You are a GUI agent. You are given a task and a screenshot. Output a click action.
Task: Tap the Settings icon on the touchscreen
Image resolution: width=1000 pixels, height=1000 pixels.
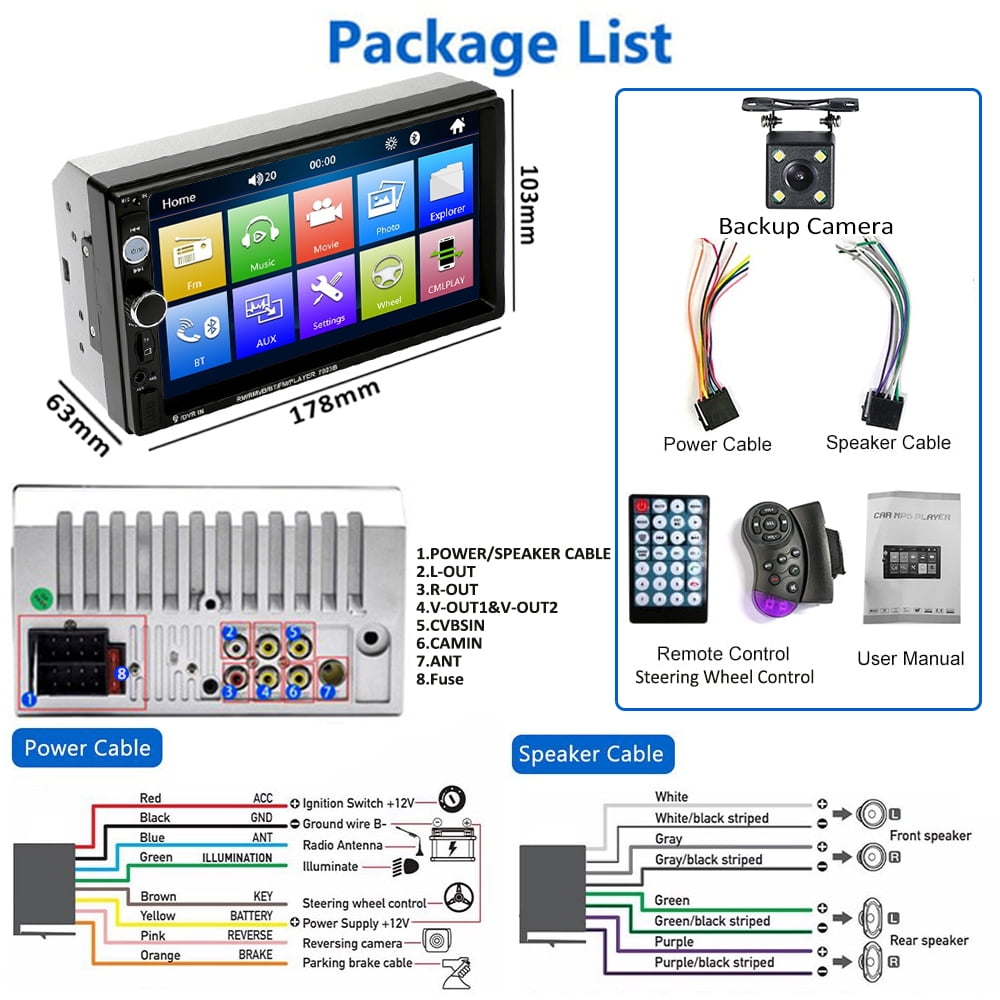[329, 296]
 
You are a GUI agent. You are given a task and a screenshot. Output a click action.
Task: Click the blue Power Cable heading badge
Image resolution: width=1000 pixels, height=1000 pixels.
[87, 748]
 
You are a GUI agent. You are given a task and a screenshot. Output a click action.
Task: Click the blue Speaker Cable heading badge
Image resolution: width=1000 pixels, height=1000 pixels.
[592, 754]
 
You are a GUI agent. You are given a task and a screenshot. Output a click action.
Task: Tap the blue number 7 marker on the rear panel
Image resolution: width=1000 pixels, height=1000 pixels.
[326, 691]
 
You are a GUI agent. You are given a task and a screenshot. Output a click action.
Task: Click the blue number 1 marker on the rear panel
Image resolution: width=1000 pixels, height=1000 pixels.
[29, 700]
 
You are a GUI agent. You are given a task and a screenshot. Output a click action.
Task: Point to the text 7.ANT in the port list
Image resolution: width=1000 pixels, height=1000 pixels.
[440, 661]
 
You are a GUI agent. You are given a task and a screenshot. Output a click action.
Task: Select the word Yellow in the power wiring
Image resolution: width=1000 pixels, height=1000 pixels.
[157, 915]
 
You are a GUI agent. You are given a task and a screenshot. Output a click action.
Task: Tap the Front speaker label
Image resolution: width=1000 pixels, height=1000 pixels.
[930, 836]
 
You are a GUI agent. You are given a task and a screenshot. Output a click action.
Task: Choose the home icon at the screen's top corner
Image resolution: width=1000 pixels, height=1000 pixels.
[457, 126]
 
